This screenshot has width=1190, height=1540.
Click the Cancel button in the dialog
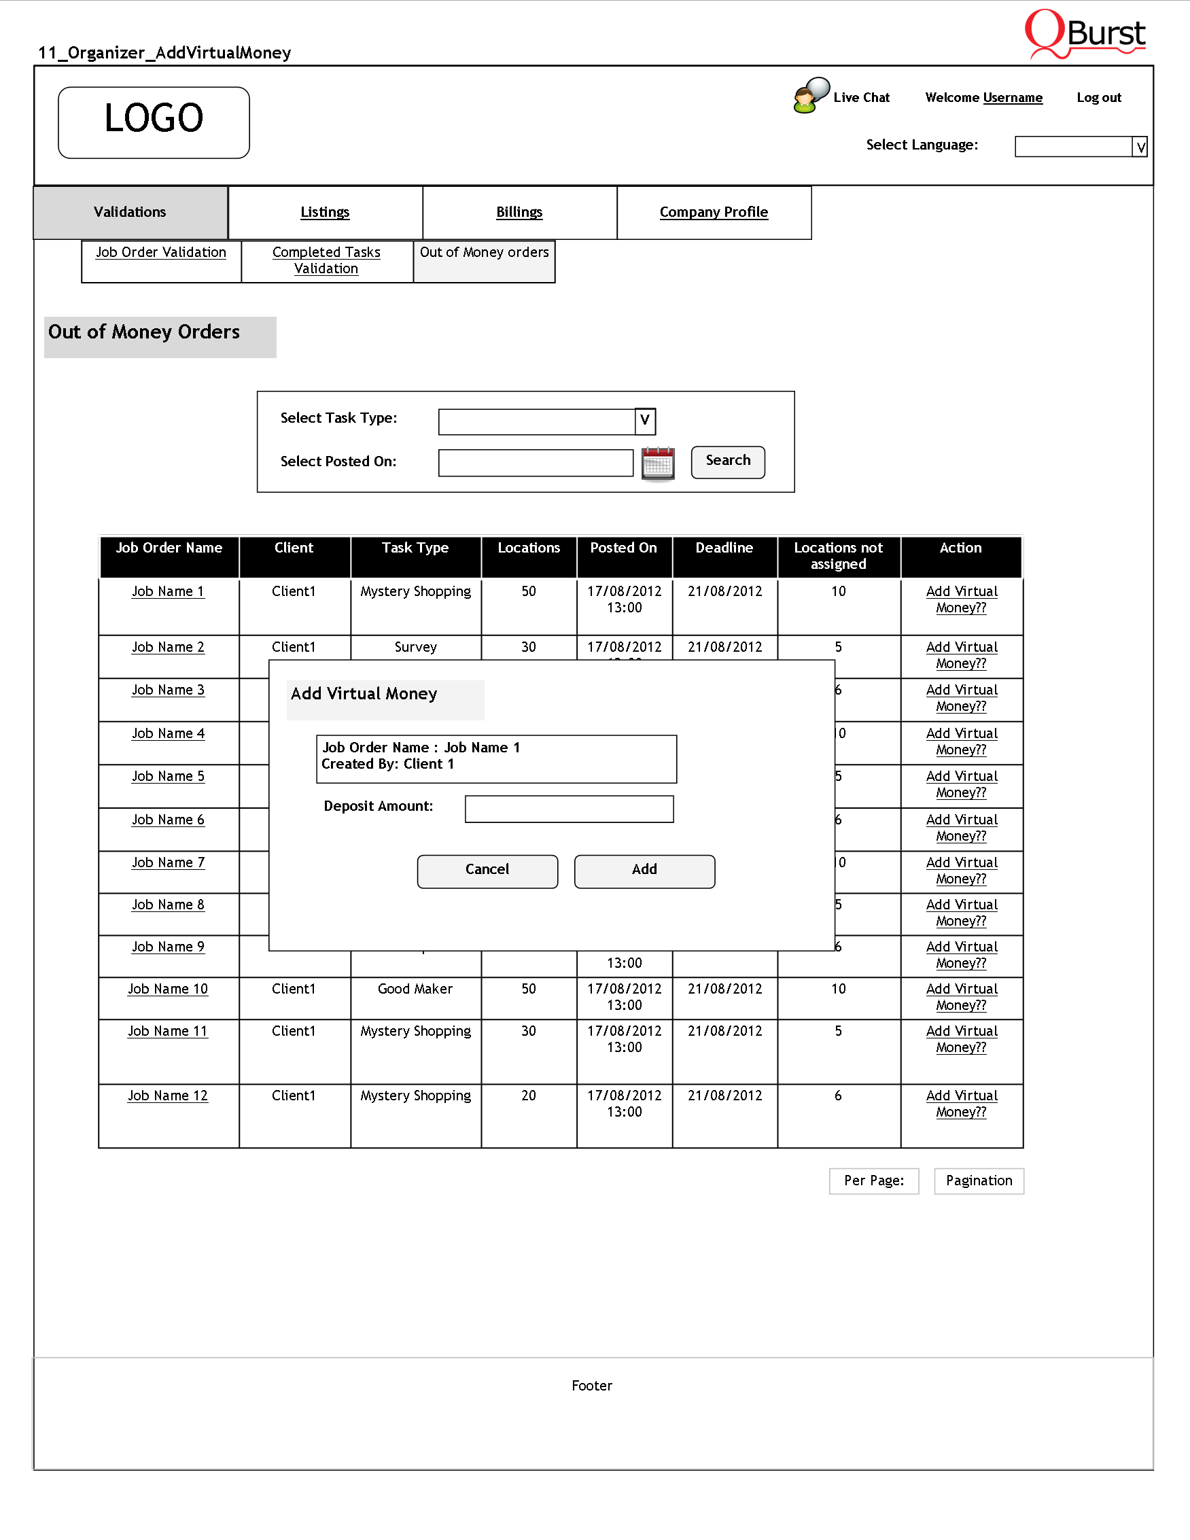click(487, 871)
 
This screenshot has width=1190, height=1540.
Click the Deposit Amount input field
click(569, 809)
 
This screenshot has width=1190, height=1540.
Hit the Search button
click(728, 462)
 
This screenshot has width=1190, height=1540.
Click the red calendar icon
click(658, 463)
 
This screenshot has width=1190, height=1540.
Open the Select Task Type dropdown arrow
click(645, 421)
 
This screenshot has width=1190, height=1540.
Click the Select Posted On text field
click(535, 463)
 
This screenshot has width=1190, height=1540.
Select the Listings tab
click(325, 212)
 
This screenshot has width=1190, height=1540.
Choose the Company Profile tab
click(714, 212)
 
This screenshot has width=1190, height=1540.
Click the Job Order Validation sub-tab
click(161, 252)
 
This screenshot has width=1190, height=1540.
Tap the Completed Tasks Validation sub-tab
click(326, 260)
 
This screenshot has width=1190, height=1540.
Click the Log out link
click(1098, 98)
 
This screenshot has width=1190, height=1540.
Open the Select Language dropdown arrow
click(1140, 147)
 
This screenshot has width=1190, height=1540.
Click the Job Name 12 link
click(168, 1096)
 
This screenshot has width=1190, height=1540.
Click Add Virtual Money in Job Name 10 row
click(962, 997)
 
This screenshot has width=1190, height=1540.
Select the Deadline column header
click(724, 548)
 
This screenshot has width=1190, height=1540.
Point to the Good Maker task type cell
click(415, 990)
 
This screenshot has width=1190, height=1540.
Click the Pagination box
click(979, 1181)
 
